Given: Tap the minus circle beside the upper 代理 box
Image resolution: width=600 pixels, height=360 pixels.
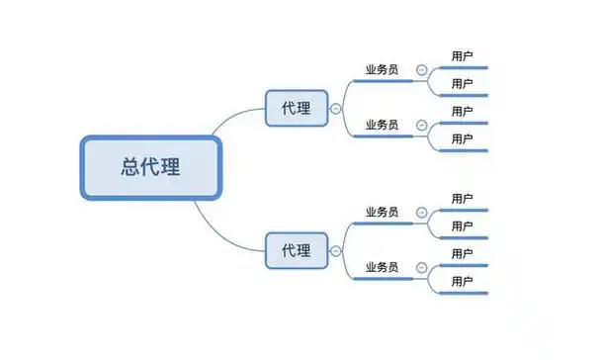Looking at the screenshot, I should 336,109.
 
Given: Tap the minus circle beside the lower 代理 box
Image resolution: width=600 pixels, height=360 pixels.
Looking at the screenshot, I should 336,251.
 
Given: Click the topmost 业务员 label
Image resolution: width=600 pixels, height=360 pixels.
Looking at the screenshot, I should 382,70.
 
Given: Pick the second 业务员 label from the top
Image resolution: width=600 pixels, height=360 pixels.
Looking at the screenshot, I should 382,125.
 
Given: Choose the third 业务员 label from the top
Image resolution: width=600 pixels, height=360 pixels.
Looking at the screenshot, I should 382,212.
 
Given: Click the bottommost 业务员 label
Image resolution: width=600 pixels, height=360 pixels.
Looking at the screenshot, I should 382,267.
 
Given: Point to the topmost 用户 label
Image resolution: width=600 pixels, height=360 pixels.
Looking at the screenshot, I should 462,56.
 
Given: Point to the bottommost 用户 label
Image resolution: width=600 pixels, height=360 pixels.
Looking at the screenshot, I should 462,282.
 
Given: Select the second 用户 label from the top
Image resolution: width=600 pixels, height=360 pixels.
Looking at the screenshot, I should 462,84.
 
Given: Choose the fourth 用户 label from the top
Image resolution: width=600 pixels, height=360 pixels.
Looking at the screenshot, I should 462,139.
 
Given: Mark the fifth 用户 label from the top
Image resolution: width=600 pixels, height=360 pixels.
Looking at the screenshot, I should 462,199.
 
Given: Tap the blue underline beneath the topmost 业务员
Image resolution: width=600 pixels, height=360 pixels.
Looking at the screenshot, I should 384,81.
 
